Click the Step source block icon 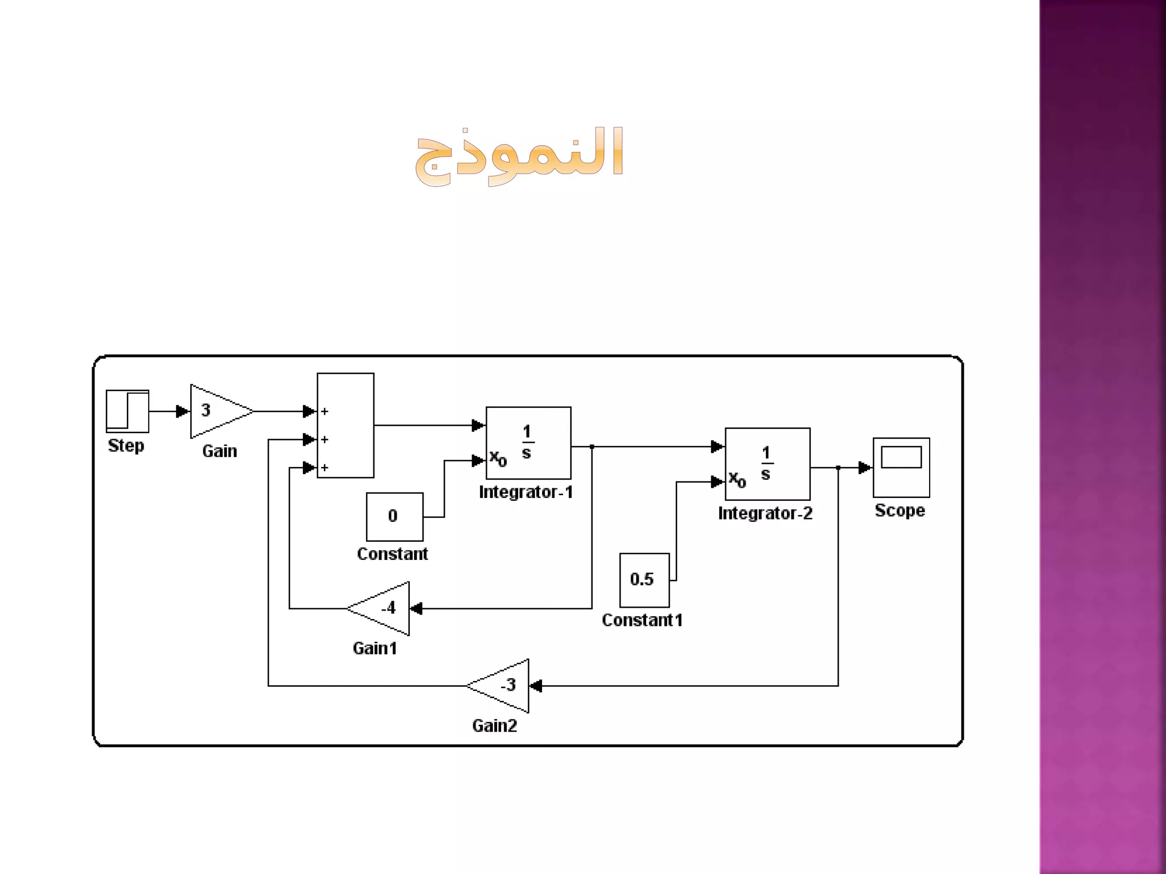(128, 411)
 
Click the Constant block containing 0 (395, 517)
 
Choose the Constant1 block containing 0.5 (644, 580)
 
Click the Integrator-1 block (528, 443)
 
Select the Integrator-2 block (767, 464)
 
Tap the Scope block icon (901, 467)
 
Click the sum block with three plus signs (346, 425)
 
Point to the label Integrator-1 (525, 492)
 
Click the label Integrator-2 (765, 513)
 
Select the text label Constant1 (642, 620)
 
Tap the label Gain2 (495, 726)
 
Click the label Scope (900, 511)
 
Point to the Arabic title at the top (520, 155)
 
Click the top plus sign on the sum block (325, 411)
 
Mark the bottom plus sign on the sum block (325, 468)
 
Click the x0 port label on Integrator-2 (737, 479)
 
